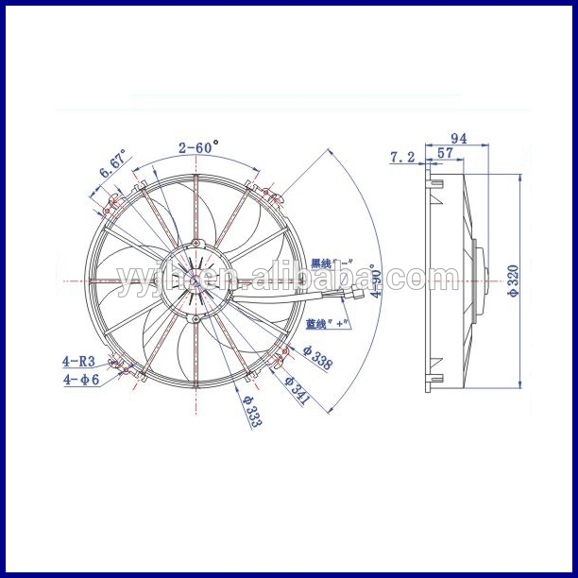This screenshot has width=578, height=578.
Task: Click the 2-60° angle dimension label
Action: pos(197,146)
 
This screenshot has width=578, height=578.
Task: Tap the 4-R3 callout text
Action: pos(78,360)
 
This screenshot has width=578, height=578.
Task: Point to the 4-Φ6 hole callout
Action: pos(80,381)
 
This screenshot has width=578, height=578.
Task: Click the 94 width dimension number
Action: pos(459,139)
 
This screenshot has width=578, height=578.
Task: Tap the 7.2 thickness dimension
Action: pos(402,158)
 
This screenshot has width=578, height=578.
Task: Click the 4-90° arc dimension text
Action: pos(377,280)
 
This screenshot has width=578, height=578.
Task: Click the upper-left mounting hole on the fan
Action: pos(113,200)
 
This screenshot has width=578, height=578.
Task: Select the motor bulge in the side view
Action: pos(484,280)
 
